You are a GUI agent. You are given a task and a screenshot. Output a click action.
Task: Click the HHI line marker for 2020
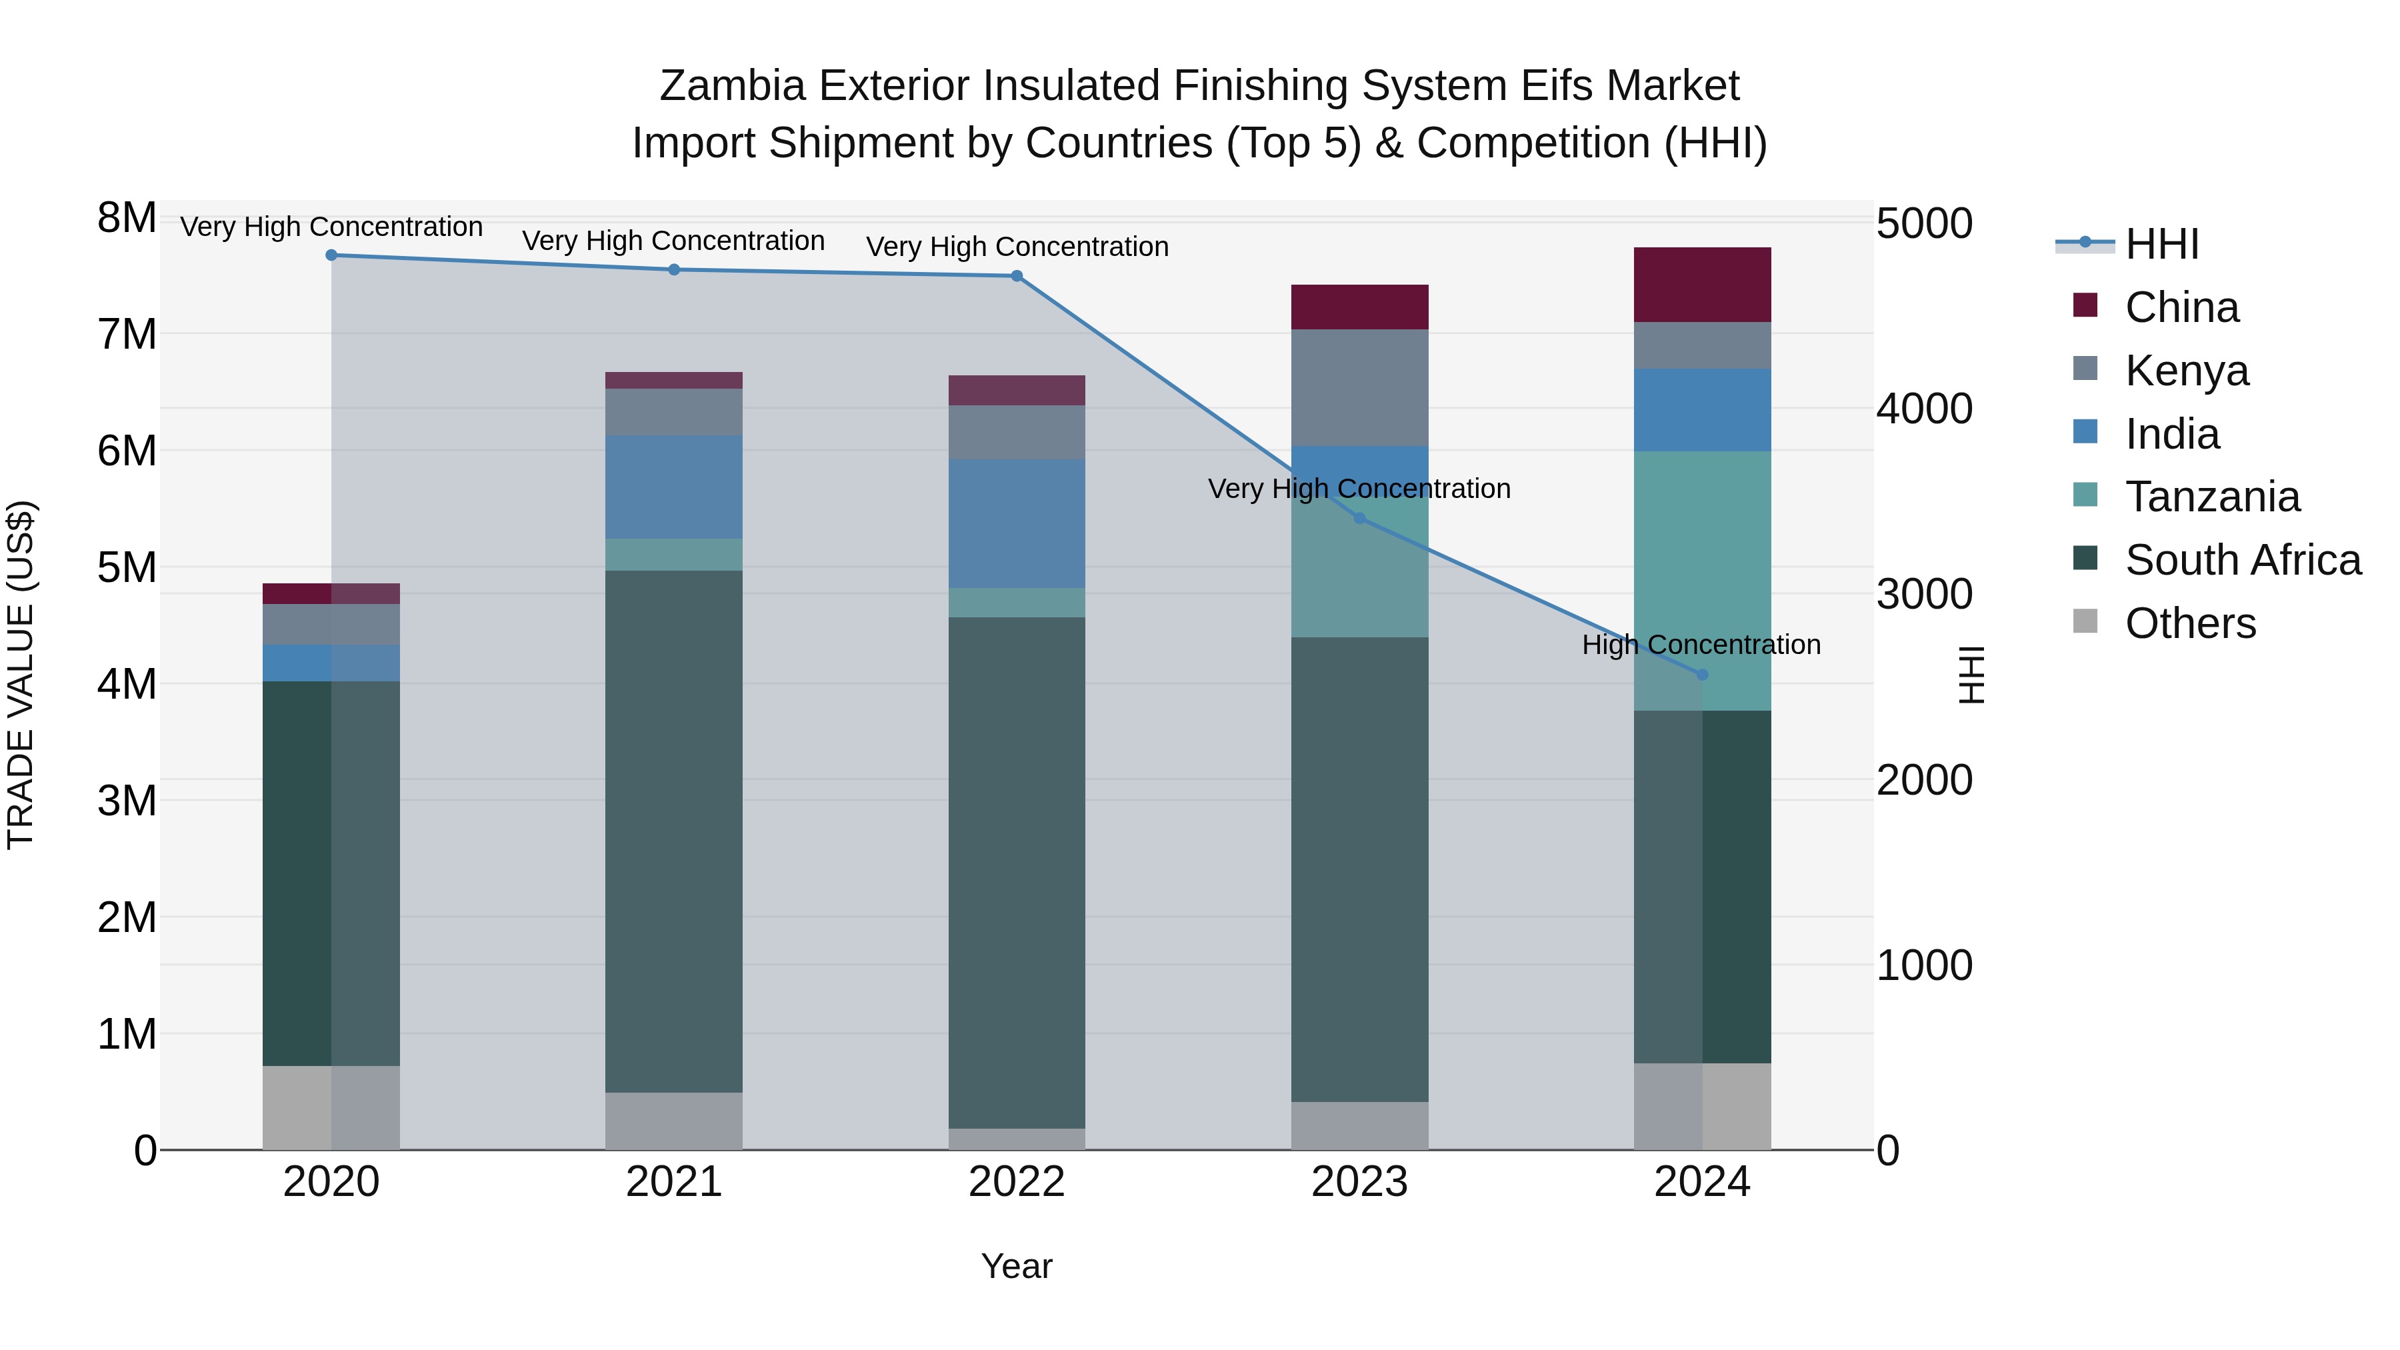click(332, 255)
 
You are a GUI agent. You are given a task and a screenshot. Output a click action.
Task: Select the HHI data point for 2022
click(1017, 276)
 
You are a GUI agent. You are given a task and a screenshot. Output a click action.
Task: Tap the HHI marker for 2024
click(1702, 675)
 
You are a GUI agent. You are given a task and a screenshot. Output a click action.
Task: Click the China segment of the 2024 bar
click(1702, 285)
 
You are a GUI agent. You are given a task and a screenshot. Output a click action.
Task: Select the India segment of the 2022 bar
click(1017, 523)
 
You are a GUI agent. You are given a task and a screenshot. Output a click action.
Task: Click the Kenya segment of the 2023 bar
click(1359, 387)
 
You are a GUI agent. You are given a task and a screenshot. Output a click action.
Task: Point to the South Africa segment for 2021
click(673, 831)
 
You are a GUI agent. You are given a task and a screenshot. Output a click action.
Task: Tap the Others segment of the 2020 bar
click(332, 1108)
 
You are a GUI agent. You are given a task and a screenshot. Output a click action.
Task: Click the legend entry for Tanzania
click(2212, 497)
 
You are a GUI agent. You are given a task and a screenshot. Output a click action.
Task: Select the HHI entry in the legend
click(2161, 244)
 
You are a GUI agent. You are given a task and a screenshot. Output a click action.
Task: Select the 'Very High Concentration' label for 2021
click(673, 241)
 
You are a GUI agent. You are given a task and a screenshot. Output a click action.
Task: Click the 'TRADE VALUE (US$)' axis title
click(21, 675)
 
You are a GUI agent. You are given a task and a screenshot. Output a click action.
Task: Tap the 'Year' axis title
click(1017, 1266)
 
